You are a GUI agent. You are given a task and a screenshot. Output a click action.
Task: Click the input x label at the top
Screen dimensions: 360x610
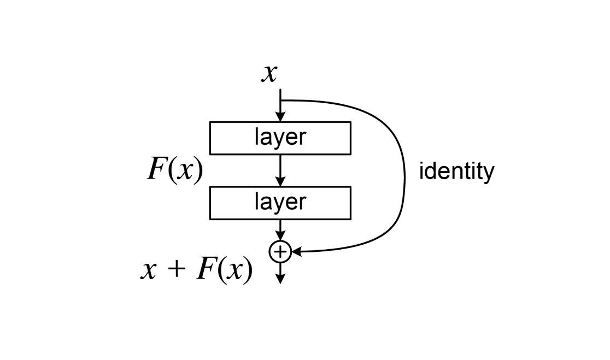click(x=269, y=73)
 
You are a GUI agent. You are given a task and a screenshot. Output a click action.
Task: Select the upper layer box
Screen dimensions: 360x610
click(x=280, y=138)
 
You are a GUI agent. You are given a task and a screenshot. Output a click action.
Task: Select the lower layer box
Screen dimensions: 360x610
click(x=280, y=203)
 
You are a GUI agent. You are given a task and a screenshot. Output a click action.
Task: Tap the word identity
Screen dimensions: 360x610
click(x=456, y=172)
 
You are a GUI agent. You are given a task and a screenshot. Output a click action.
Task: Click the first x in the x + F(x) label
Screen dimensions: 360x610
click(x=149, y=270)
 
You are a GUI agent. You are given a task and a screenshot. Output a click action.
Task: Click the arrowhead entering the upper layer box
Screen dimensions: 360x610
click(x=280, y=117)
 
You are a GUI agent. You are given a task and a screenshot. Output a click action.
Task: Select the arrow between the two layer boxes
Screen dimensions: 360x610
click(x=280, y=170)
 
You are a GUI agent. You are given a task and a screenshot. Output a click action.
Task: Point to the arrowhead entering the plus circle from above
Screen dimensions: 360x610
click(x=280, y=237)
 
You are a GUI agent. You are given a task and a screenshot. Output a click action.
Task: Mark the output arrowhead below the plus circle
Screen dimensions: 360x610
click(x=280, y=278)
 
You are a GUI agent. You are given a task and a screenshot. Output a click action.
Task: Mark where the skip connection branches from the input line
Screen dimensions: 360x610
click(x=280, y=101)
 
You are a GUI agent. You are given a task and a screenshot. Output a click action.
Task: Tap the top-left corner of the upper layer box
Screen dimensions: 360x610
click(x=210, y=122)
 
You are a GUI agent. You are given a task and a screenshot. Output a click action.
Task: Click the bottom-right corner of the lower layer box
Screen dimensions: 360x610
click(x=350, y=219)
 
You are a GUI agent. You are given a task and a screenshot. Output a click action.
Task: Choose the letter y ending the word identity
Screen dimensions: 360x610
click(x=489, y=174)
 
